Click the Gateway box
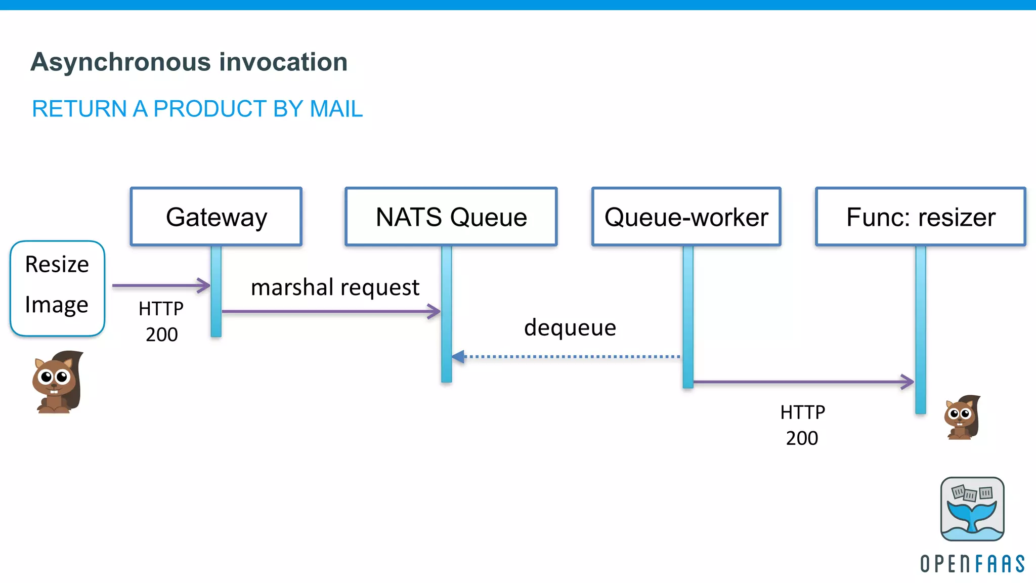click(216, 217)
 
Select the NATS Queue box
click(451, 217)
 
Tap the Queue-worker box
click(686, 217)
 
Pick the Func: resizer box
click(921, 217)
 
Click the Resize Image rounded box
click(57, 288)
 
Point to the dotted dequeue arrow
click(567, 357)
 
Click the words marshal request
click(335, 287)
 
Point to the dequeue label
click(570, 327)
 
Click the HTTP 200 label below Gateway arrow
click(161, 321)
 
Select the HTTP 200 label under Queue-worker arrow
click(802, 425)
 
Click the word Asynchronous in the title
click(121, 62)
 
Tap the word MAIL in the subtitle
click(336, 109)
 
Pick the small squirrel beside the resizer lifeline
click(962, 418)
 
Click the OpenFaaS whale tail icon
click(972, 509)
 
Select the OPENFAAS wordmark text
click(972, 564)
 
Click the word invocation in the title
click(283, 62)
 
